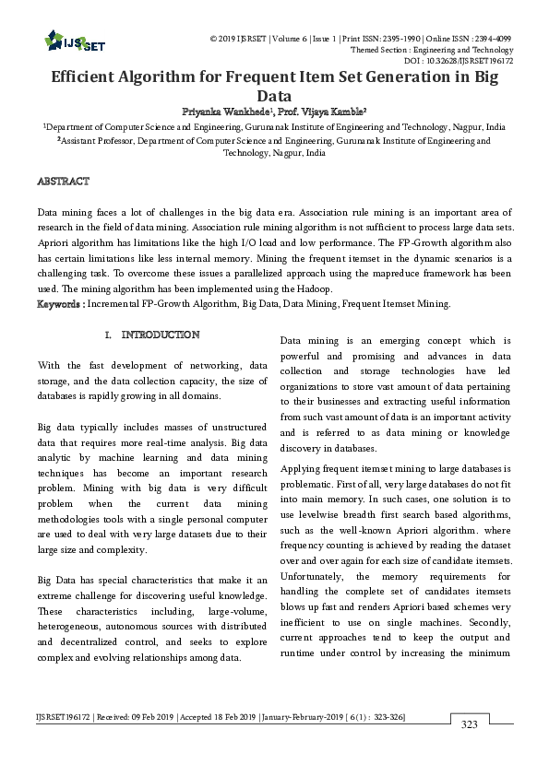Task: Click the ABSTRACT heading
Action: point(63,181)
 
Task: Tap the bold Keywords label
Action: point(60,303)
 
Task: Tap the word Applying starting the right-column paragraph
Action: point(304,469)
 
